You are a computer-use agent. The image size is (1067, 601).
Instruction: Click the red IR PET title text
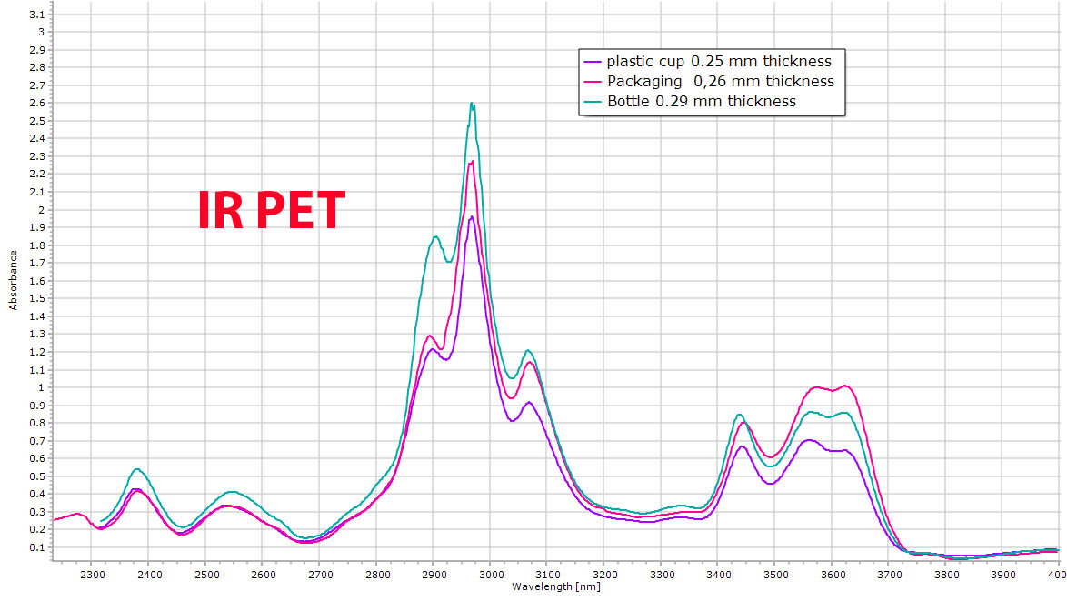(x=272, y=210)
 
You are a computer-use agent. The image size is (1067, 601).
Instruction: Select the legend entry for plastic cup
(x=719, y=62)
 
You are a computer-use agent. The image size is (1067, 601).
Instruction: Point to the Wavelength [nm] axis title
(x=555, y=587)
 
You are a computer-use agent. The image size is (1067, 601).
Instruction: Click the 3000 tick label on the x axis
(x=490, y=575)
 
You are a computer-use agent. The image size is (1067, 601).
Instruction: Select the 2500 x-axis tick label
(x=205, y=575)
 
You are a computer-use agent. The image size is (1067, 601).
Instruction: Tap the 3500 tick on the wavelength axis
(x=774, y=575)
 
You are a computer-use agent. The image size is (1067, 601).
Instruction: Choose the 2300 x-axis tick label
(x=92, y=575)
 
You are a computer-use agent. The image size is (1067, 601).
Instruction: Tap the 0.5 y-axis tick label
(x=36, y=476)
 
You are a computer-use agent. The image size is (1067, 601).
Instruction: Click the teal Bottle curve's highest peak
(x=472, y=104)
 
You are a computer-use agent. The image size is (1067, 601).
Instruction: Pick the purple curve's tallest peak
(x=472, y=217)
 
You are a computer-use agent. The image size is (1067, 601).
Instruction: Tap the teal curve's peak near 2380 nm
(x=137, y=469)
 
